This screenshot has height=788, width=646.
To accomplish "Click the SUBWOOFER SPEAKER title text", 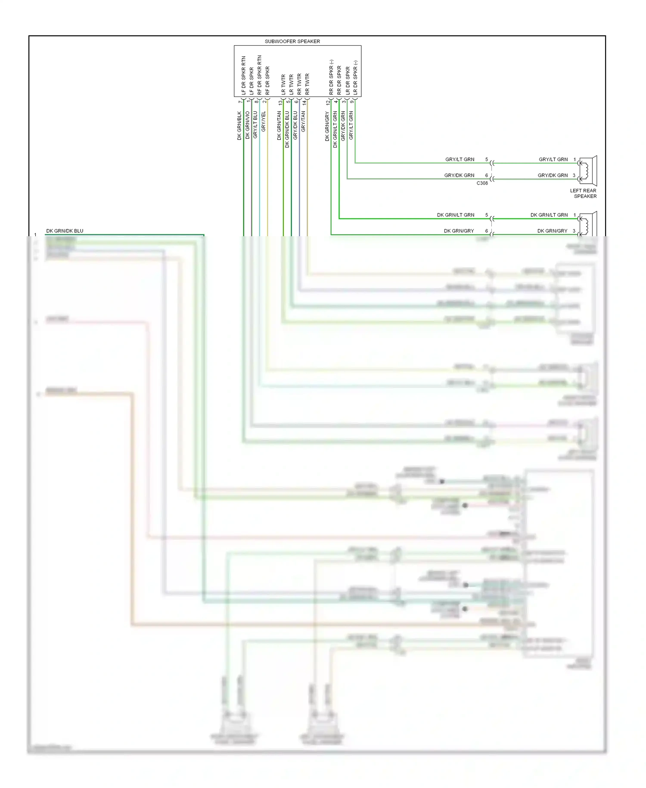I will click(292, 41).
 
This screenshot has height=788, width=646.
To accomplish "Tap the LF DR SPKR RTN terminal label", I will click(243, 75).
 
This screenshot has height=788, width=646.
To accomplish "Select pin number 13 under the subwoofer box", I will click(280, 103).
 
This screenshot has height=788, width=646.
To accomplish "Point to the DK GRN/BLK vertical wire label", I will click(239, 125).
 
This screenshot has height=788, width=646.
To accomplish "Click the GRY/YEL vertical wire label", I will click(264, 122).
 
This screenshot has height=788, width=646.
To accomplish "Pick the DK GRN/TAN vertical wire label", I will click(279, 125).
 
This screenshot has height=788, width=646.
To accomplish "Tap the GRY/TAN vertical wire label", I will click(303, 121).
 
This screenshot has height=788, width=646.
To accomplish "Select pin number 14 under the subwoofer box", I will click(304, 103).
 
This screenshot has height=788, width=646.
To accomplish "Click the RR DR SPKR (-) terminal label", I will click(331, 77).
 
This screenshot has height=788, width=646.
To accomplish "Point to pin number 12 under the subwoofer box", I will click(328, 103).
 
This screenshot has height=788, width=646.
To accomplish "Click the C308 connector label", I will click(482, 183).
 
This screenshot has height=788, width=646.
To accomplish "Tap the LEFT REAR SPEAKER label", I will click(584, 193).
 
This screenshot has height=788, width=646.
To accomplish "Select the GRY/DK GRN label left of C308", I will click(459, 175).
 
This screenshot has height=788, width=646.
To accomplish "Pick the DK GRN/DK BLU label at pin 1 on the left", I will click(65, 231).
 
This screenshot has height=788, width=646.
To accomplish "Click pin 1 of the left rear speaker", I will click(575, 159).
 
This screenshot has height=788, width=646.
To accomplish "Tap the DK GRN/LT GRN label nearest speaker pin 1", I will click(549, 215).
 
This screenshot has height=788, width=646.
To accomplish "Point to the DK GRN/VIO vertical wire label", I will click(248, 125).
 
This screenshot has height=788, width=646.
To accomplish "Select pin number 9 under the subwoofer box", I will click(352, 102).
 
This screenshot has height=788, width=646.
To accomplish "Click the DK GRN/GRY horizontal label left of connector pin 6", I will click(459, 231).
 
